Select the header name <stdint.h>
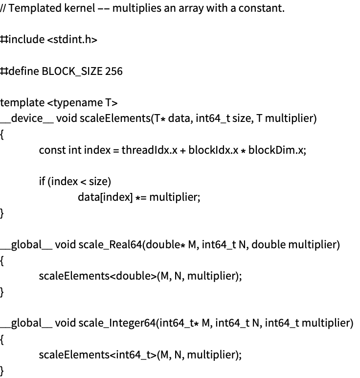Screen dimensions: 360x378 (72, 39)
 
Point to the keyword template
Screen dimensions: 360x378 (22, 103)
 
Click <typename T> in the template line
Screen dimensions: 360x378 (82, 103)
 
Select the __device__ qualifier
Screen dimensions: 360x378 (27, 118)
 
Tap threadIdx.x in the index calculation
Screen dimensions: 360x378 (149, 150)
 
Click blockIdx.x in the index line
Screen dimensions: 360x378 (213, 150)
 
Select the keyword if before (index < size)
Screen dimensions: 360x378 (42, 181)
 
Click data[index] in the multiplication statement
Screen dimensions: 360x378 (105, 197)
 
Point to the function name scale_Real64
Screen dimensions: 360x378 (110, 245)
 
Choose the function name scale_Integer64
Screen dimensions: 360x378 (117, 323)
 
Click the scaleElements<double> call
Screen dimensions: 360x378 (98, 276)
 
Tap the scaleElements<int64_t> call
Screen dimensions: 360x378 (98, 355)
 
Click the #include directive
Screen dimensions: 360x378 (22, 39)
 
